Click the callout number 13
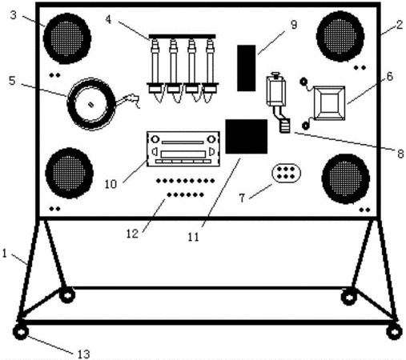84,354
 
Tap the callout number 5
12,81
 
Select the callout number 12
132,234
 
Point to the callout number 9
294,25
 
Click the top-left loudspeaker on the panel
67,38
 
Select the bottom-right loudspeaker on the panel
346,179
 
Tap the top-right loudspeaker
340,36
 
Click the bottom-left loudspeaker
70,173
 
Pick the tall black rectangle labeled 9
247,68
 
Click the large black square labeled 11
247,137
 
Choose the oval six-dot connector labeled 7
286,173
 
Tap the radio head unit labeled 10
183,149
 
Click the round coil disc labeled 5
91,104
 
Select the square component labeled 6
329,103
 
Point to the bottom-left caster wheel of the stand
21,332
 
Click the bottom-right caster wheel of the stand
394,332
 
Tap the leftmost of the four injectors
155,70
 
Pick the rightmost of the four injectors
210,70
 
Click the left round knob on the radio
155,139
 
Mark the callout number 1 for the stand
4,254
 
